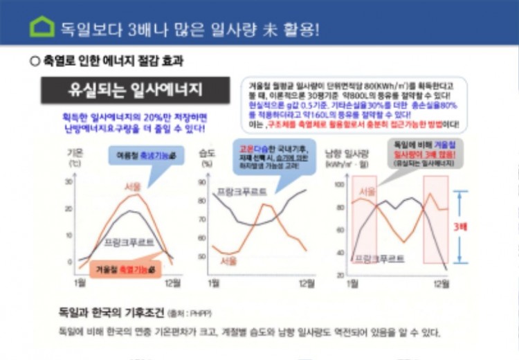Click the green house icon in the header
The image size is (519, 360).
tap(42, 27)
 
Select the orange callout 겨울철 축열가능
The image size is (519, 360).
tap(125, 268)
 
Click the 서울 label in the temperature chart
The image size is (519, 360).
tap(133, 187)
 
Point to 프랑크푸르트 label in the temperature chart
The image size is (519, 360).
tap(129, 242)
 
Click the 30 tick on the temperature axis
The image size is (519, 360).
tap(69, 181)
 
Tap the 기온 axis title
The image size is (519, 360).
tap(74, 152)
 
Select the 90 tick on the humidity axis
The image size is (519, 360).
tap(203, 182)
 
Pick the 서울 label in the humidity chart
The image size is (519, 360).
tap(228, 261)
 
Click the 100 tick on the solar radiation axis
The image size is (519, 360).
tap(339, 186)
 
